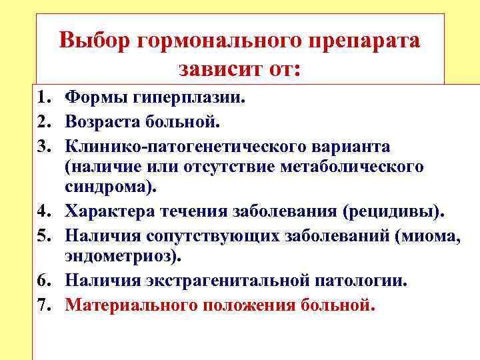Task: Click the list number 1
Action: (44, 99)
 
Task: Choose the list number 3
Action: (44, 146)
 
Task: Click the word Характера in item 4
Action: (109, 211)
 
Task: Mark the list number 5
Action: (44, 235)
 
